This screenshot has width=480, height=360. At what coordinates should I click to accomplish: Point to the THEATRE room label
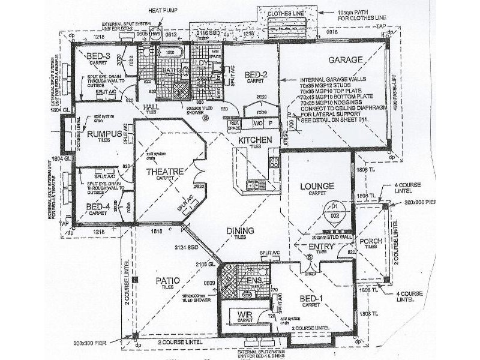[x=164, y=172]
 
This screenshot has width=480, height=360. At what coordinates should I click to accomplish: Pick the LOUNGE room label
[x=317, y=186]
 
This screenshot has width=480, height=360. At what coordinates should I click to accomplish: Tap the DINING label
[x=240, y=230]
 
